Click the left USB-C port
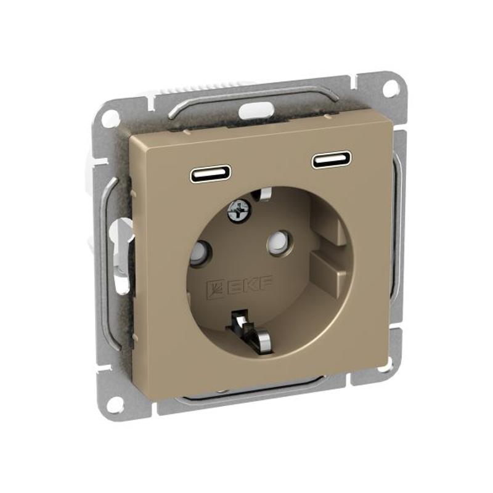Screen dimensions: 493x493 click(211, 173)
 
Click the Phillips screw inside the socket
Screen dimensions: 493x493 click(240, 211)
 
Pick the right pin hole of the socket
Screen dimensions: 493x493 click(278, 240)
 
